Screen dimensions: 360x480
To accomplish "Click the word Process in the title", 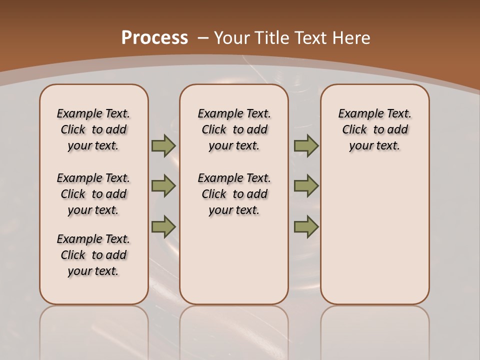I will click(154, 38).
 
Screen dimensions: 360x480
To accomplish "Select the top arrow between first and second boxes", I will click(163, 145).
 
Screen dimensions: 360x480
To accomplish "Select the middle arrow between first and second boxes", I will click(163, 186).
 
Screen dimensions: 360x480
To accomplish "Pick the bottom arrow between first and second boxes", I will click(163, 226).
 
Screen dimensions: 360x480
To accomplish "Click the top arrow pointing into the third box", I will click(306, 145).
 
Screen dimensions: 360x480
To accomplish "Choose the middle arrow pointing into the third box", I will click(306, 186).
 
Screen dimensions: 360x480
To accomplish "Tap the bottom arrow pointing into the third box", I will click(306, 226).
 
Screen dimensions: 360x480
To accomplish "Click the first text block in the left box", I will click(93, 129).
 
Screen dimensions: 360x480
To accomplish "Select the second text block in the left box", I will click(93, 194).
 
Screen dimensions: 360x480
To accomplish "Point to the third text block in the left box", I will click(93, 255).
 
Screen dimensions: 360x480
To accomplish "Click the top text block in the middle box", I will click(234, 129).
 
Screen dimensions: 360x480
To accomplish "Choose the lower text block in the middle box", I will click(234, 194).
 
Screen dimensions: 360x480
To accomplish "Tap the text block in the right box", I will click(374, 129).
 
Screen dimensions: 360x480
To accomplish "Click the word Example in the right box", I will click(356, 114).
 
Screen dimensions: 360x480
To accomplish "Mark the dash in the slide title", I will click(203, 38).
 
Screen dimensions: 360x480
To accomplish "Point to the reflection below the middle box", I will click(234, 330).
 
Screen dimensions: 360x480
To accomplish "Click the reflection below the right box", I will click(374, 330).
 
